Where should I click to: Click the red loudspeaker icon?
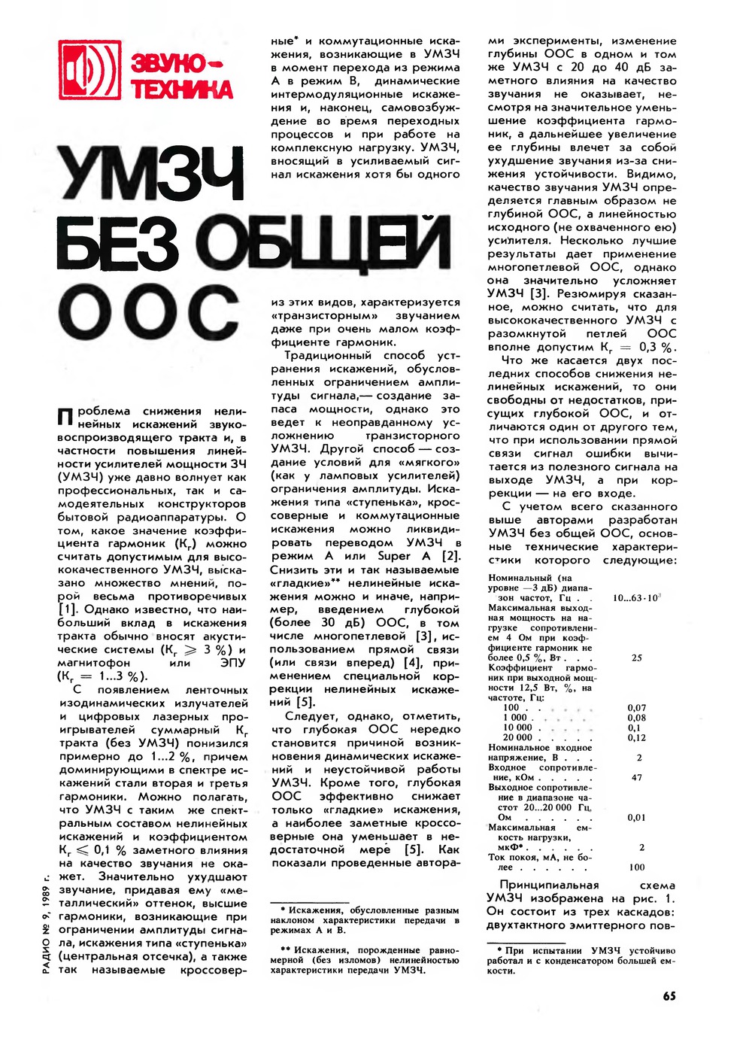[89, 71]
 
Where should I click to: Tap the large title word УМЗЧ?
[153, 172]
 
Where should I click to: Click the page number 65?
[669, 995]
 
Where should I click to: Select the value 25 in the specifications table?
[637, 658]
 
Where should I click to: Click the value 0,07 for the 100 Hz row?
[637, 708]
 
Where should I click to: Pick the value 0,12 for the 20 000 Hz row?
[637, 738]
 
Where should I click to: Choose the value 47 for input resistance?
[637, 777]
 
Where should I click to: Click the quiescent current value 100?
[637, 867]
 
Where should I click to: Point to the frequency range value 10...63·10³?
[636, 598]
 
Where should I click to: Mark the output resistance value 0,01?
[637, 817]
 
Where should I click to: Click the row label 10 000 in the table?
[517, 728]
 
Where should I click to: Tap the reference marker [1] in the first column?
[68, 609]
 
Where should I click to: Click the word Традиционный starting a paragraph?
[328, 356]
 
